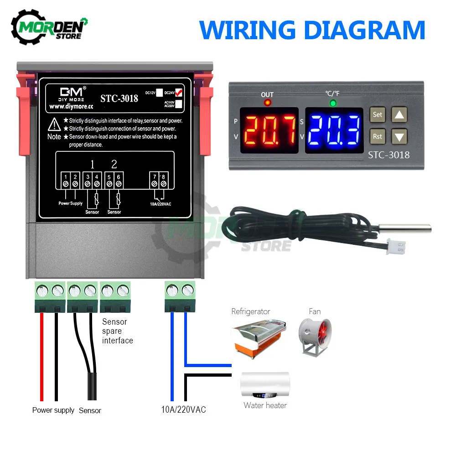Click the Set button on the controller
click(378, 114)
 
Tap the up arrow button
click(399, 114)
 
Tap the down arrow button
click(399, 136)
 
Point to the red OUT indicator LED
click(267, 103)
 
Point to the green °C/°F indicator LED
click(333, 103)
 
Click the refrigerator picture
click(258, 337)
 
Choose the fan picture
click(315, 337)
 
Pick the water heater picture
click(265, 384)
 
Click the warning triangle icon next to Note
click(55, 123)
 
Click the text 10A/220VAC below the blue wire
click(183, 409)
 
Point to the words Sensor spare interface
click(117, 331)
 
